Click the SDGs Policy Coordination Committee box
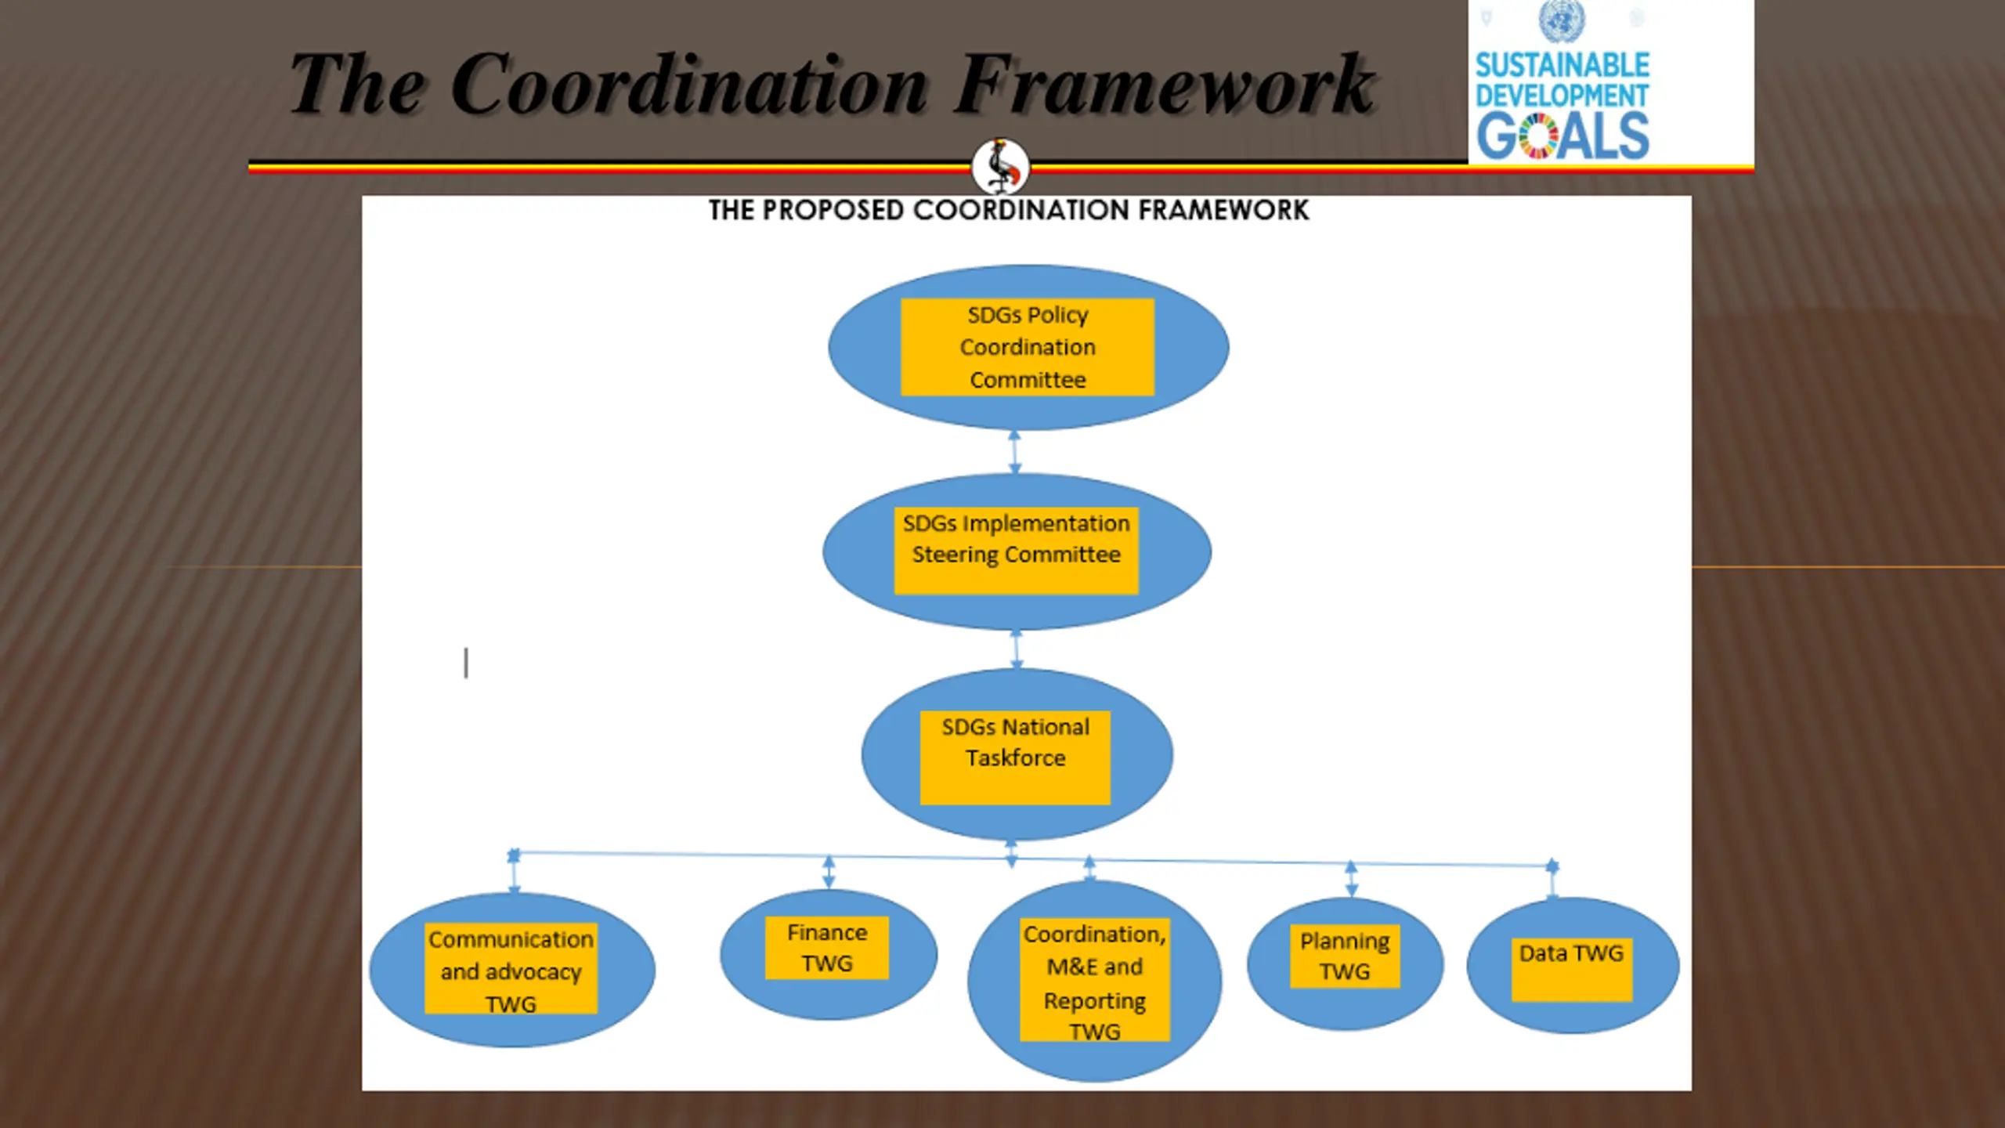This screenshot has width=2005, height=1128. point(1027,347)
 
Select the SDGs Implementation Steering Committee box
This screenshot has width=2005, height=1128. point(1016,550)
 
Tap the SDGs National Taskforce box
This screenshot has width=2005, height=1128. point(1015,757)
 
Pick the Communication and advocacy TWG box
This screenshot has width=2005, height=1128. point(511,969)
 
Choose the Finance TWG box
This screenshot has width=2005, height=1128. point(826,948)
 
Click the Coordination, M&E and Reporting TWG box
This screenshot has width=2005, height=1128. point(1094,980)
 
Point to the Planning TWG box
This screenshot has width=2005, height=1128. point(1344,956)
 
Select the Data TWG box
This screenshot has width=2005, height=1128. point(1571,970)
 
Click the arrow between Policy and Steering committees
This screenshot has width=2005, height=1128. point(1014,452)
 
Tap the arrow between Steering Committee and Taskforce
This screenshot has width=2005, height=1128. point(1017,649)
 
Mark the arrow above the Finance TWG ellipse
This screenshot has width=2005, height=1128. point(829,872)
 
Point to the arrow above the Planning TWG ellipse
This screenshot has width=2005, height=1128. point(1351,879)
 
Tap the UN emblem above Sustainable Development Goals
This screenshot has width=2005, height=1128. point(1561,21)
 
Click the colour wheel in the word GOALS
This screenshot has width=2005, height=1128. point(1539,136)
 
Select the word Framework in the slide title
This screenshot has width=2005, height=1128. point(1164,84)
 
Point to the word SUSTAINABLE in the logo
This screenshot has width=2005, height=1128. point(1562,65)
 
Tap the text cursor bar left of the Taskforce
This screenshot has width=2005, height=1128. point(466,663)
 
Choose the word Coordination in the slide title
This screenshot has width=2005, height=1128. point(689,84)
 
